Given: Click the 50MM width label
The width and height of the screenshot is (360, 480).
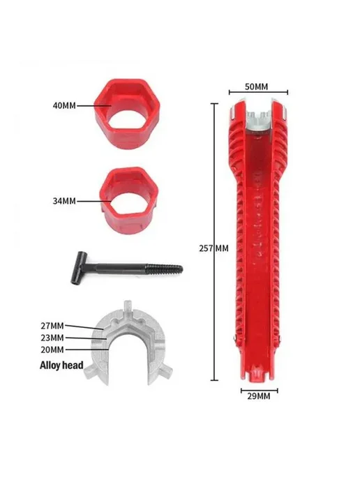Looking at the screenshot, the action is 256,87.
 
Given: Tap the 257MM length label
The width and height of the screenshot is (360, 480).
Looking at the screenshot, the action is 213,248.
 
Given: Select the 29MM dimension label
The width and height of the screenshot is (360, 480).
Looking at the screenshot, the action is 259,396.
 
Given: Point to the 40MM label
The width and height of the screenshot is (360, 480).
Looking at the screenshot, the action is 64,105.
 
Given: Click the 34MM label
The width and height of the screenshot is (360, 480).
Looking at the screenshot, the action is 64,201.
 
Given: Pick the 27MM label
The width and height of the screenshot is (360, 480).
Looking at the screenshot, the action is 52,325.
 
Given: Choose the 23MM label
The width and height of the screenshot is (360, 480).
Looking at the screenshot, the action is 52,338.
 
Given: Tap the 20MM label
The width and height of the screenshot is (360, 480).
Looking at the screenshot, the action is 52,350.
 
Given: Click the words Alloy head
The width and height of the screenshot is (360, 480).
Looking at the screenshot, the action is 61,365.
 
